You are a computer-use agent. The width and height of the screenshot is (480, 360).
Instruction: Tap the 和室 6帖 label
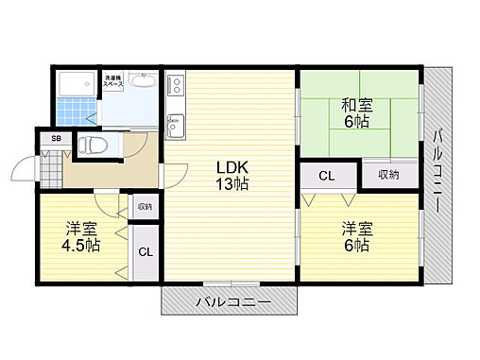tap(356, 112)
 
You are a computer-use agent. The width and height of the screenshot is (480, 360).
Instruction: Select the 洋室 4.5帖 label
tap(83, 237)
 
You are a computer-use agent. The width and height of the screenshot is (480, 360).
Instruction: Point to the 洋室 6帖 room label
tap(356, 236)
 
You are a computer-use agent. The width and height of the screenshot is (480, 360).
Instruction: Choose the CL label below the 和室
tap(326, 175)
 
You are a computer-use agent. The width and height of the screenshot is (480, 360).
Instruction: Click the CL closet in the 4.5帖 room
tap(146, 251)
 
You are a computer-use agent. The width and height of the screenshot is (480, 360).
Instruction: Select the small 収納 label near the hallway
tap(145, 207)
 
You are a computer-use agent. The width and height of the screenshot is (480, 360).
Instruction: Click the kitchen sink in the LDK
tap(175, 124)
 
